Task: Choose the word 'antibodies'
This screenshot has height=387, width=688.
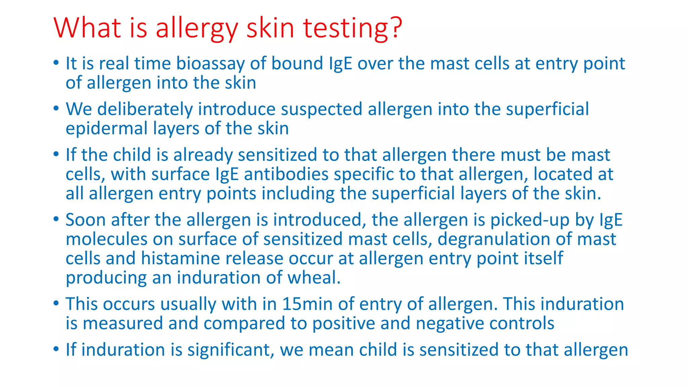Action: (x=286, y=175)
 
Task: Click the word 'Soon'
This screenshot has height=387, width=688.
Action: (x=86, y=220)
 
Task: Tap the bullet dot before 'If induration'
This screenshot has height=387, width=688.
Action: (x=56, y=349)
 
